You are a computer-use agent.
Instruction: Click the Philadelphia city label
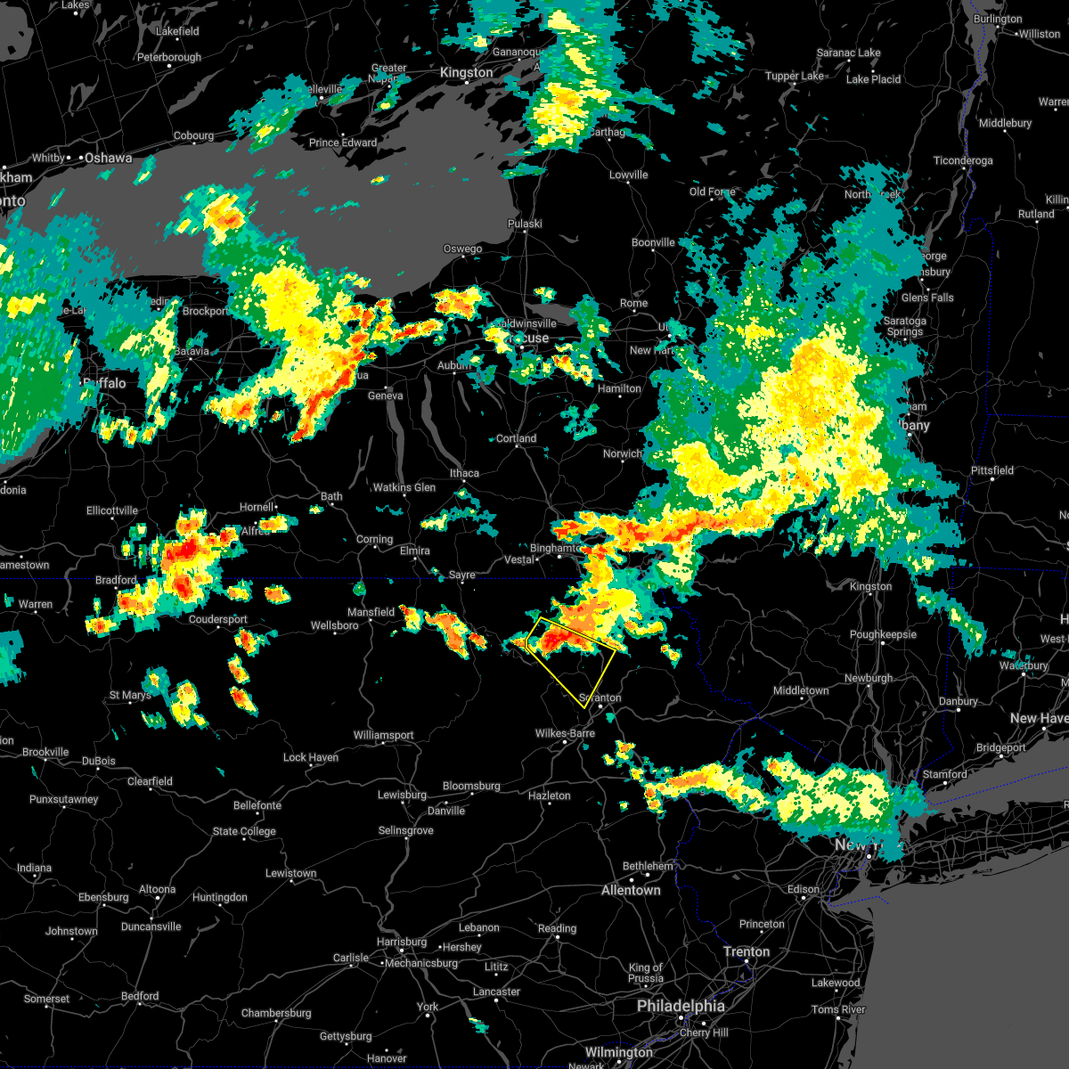[x=681, y=1006]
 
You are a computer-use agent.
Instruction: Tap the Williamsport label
[x=383, y=735]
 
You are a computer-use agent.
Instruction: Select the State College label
[x=243, y=831]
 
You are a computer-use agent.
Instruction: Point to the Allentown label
[x=631, y=890]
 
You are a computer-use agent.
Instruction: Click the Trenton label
[x=747, y=951]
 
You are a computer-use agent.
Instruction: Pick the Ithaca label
[x=464, y=473]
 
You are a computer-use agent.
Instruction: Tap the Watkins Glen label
[x=404, y=487]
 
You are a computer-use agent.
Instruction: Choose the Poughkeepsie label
[x=883, y=635]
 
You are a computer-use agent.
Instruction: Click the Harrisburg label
[x=402, y=942]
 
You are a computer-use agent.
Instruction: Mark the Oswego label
[x=462, y=249]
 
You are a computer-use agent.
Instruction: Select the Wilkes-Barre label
[x=565, y=733]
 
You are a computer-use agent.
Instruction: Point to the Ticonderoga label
[x=962, y=160]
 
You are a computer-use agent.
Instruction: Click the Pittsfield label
[x=991, y=470]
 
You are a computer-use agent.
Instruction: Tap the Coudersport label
[x=218, y=619]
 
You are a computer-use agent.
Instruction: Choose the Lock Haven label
[x=311, y=757]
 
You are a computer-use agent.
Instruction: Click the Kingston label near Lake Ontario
[x=466, y=73]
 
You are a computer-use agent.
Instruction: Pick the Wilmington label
[x=618, y=1052]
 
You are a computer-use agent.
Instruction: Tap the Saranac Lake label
[x=848, y=53]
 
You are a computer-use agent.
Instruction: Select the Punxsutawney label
[x=63, y=799]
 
